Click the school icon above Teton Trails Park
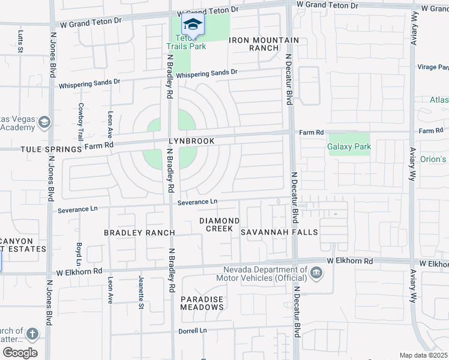pos(193,25)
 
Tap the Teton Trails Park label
pos(186,42)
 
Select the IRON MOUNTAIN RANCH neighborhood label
pos(264,44)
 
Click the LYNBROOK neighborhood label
pos(191,141)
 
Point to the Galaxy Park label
pos(349,146)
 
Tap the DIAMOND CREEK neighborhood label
pos(220,225)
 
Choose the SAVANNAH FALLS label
pos(279,232)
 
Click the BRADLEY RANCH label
pos(139,233)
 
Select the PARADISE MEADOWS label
pos(202,303)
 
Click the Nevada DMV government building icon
pos(316,274)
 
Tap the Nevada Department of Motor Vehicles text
pos(265,274)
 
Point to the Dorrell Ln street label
pos(192,331)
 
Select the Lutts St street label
pos(20,42)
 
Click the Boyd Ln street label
pos(79,254)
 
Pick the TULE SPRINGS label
pos(50,149)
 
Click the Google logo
pos(20,353)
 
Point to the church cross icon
pos(32,334)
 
